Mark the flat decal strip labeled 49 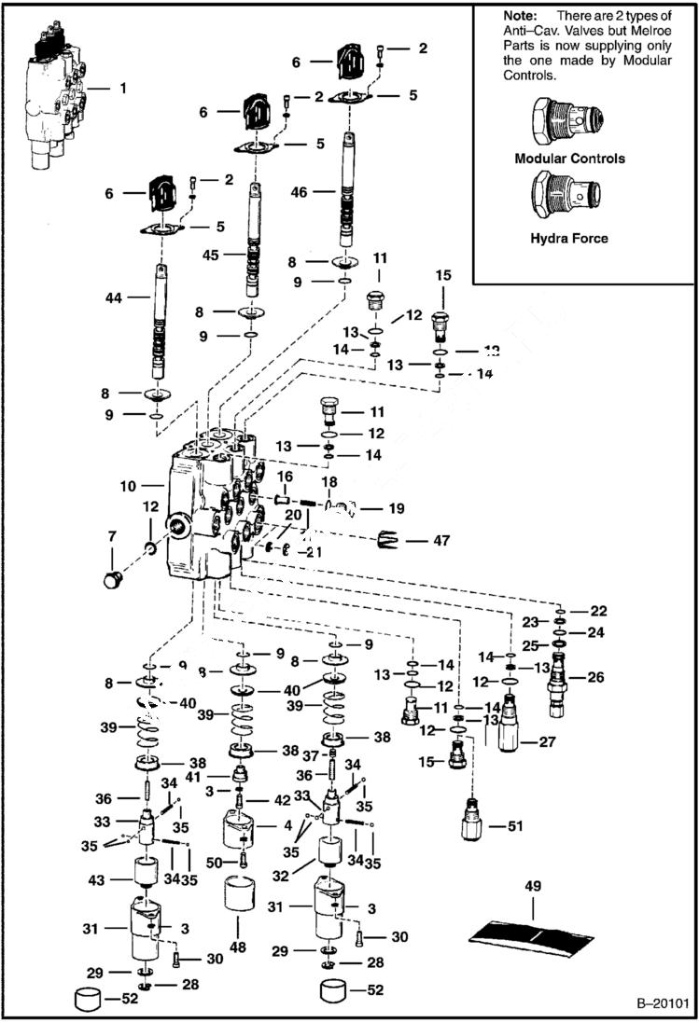point(530,935)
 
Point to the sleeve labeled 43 point(144,878)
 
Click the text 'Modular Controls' point(570,159)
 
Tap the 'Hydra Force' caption point(569,239)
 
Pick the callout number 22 point(598,611)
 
